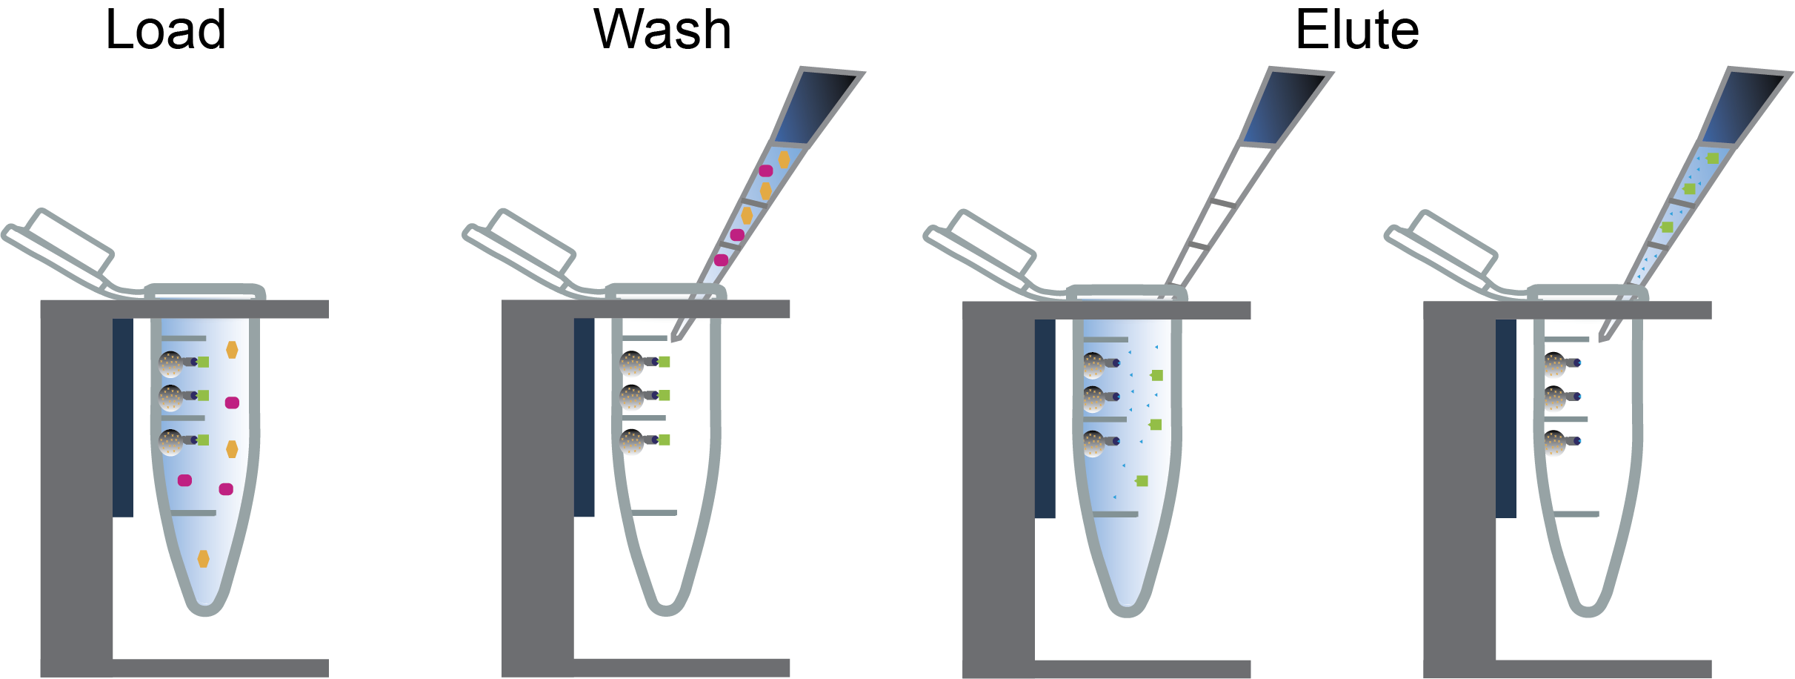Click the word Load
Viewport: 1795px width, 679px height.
point(166,31)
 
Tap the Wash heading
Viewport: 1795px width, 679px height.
point(662,31)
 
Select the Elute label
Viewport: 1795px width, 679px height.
point(1357,31)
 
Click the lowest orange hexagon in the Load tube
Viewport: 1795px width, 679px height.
point(204,559)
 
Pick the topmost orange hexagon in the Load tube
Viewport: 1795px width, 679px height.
point(232,350)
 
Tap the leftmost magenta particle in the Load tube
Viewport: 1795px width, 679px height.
point(185,480)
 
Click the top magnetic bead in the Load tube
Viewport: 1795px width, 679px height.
point(171,363)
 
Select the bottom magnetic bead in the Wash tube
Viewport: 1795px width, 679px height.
point(632,442)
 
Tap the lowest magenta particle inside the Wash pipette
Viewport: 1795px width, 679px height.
point(721,260)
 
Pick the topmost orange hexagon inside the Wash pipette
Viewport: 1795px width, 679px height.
point(784,159)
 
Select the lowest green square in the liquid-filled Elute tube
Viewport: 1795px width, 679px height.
point(1142,481)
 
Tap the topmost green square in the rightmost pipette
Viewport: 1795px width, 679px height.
point(1712,159)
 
